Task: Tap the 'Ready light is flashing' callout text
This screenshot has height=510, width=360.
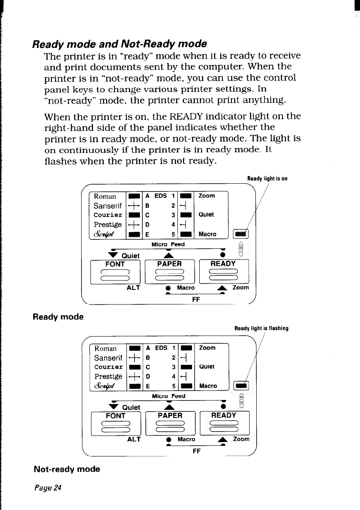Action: [261, 328]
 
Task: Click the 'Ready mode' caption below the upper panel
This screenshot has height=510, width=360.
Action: [58, 317]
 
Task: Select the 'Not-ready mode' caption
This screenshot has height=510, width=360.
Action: [67, 469]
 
